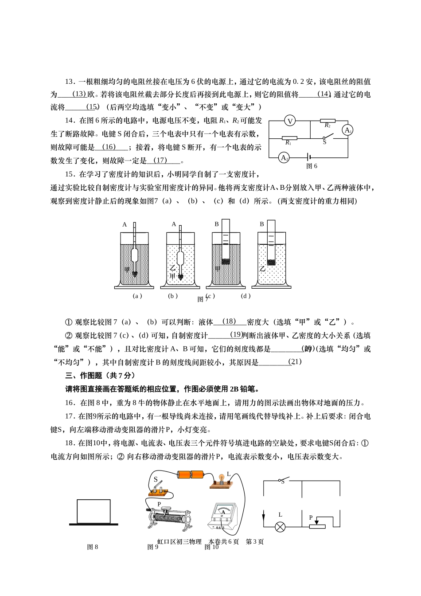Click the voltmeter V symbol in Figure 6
(289, 121)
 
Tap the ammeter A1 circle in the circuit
(347, 130)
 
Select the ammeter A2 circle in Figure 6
(284, 157)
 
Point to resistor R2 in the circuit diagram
(327, 120)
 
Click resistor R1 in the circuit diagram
(289, 138)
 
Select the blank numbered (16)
(109, 147)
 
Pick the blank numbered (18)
(229, 322)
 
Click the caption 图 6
(312, 166)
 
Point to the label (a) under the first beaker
(137, 296)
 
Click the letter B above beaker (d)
(261, 224)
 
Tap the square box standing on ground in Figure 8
(94, 511)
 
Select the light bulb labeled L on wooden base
(220, 481)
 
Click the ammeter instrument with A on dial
(223, 516)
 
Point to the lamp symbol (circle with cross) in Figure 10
(280, 527)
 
